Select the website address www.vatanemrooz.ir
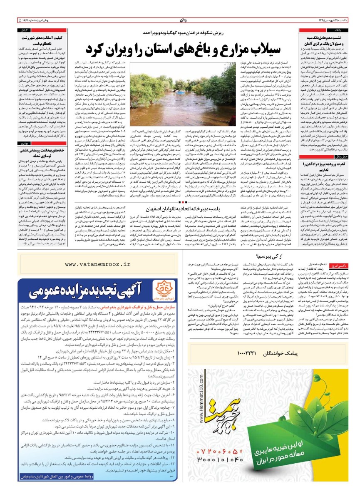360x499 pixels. pos(97,264)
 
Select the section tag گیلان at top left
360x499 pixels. pos(25,31)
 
